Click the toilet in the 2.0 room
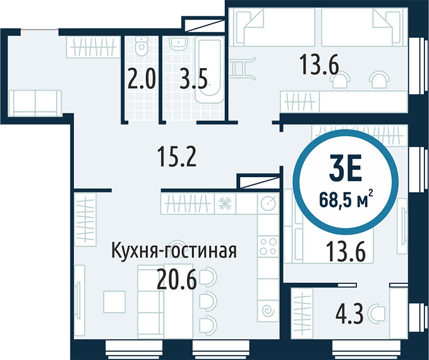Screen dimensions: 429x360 click(x=141, y=46)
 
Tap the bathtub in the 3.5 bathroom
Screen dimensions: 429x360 click(x=209, y=70)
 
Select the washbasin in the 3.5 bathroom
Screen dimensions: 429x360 click(x=178, y=43)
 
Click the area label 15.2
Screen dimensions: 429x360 click(x=177, y=157)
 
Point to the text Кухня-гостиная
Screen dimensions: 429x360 click(x=174, y=250)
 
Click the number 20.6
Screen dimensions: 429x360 click(x=177, y=279)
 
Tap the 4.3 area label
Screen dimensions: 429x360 click(x=349, y=314)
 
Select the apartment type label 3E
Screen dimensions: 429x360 click(x=345, y=171)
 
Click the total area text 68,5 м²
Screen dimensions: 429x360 click(x=346, y=201)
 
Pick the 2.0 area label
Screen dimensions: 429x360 click(x=141, y=79)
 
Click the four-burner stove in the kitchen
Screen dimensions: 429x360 click(x=268, y=246)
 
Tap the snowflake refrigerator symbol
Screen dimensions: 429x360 click(x=225, y=203)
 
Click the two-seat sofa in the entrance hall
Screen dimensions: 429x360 click(x=35, y=103)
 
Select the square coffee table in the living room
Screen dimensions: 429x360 click(x=114, y=302)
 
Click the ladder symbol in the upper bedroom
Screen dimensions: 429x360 click(x=243, y=69)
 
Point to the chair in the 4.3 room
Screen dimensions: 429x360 click(x=377, y=311)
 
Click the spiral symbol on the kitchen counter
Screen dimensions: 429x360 click(x=268, y=310)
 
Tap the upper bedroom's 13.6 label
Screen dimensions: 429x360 click(x=319, y=65)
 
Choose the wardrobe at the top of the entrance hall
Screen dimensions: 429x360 click(x=94, y=47)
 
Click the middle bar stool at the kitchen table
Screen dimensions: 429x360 click(x=208, y=301)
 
